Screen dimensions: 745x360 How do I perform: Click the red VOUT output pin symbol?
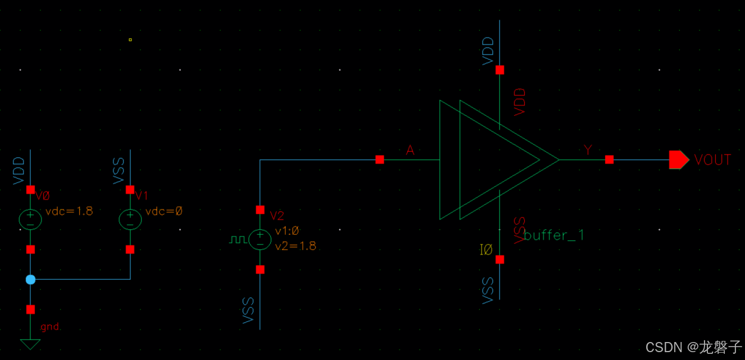[x=678, y=160]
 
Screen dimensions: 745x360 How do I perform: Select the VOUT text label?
[x=712, y=160]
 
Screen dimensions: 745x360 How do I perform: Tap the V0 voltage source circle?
[x=30, y=219]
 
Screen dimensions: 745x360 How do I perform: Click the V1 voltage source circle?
[x=130, y=219]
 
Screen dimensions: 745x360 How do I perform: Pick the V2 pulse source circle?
[x=260, y=240]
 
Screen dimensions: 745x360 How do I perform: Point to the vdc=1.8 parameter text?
[x=69, y=211]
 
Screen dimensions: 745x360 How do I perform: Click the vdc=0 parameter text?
[x=163, y=211]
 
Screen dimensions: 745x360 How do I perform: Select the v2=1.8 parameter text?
[x=296, y=245]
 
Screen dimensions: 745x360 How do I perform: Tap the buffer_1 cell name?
[x=554, y=235]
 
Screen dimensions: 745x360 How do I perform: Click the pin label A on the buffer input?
[x=410, y=150]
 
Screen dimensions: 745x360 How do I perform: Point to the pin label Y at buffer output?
[x=588, y=150]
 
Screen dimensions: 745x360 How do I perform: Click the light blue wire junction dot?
[x=30, y=280]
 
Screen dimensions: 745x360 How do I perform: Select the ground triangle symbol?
[x=30, y=344]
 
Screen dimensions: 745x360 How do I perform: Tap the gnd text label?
[x=50, y=327]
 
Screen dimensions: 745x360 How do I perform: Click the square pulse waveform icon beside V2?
[x=238, y=240]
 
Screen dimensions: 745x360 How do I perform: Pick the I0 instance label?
[x=485, y=250]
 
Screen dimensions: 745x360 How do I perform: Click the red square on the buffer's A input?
[x=380, y=160]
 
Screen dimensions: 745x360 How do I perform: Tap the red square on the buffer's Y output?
[x=609, y=160]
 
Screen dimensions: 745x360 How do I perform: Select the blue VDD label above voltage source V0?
[x=19, y=171]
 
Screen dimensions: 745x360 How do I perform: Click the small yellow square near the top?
[x=130, y=40]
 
